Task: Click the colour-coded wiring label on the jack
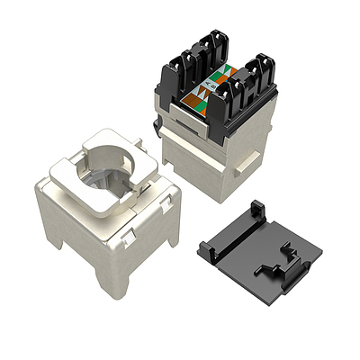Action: [x=210, y=90]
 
